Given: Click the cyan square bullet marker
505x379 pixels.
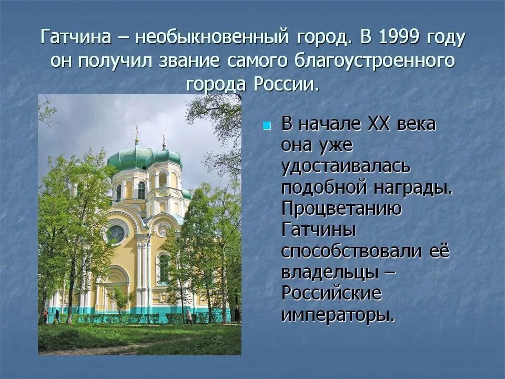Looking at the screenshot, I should pos(267,126).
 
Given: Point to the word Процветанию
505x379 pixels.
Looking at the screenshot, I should pos(342,208).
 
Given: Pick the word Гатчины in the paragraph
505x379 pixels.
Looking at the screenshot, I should pos(319,230).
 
